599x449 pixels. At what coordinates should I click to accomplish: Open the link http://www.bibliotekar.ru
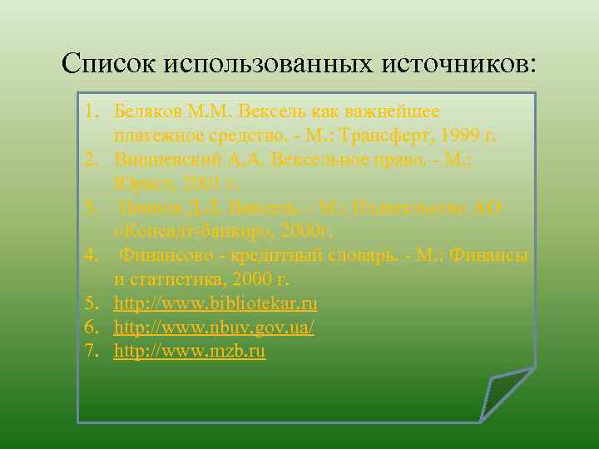tap(215, 303)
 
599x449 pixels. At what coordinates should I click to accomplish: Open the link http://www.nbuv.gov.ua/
tap(214, 328)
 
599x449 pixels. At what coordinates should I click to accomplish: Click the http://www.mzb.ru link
tap(190, 352)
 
